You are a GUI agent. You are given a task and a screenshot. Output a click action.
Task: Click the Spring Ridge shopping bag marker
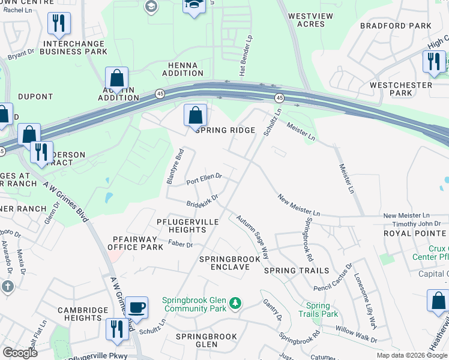point(195,115)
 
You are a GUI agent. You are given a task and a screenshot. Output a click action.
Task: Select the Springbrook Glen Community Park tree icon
point(237,302)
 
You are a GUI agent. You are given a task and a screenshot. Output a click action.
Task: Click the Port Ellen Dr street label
point(204,179)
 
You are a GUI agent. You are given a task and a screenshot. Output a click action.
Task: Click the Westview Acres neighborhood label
point(307,20)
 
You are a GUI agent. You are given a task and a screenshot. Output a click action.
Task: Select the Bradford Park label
point(396,26)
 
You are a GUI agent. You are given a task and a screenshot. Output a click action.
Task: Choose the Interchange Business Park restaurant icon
point(59,23)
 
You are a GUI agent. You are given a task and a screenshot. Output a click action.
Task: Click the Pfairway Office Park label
point(135,242)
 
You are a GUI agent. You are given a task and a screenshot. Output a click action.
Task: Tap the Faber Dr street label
point(180,244)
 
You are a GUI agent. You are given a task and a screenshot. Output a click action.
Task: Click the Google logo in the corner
point(20,353)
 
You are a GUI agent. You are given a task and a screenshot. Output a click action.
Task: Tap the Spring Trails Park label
point(318,310)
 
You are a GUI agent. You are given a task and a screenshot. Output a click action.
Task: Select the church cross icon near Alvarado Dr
point(7,287)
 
